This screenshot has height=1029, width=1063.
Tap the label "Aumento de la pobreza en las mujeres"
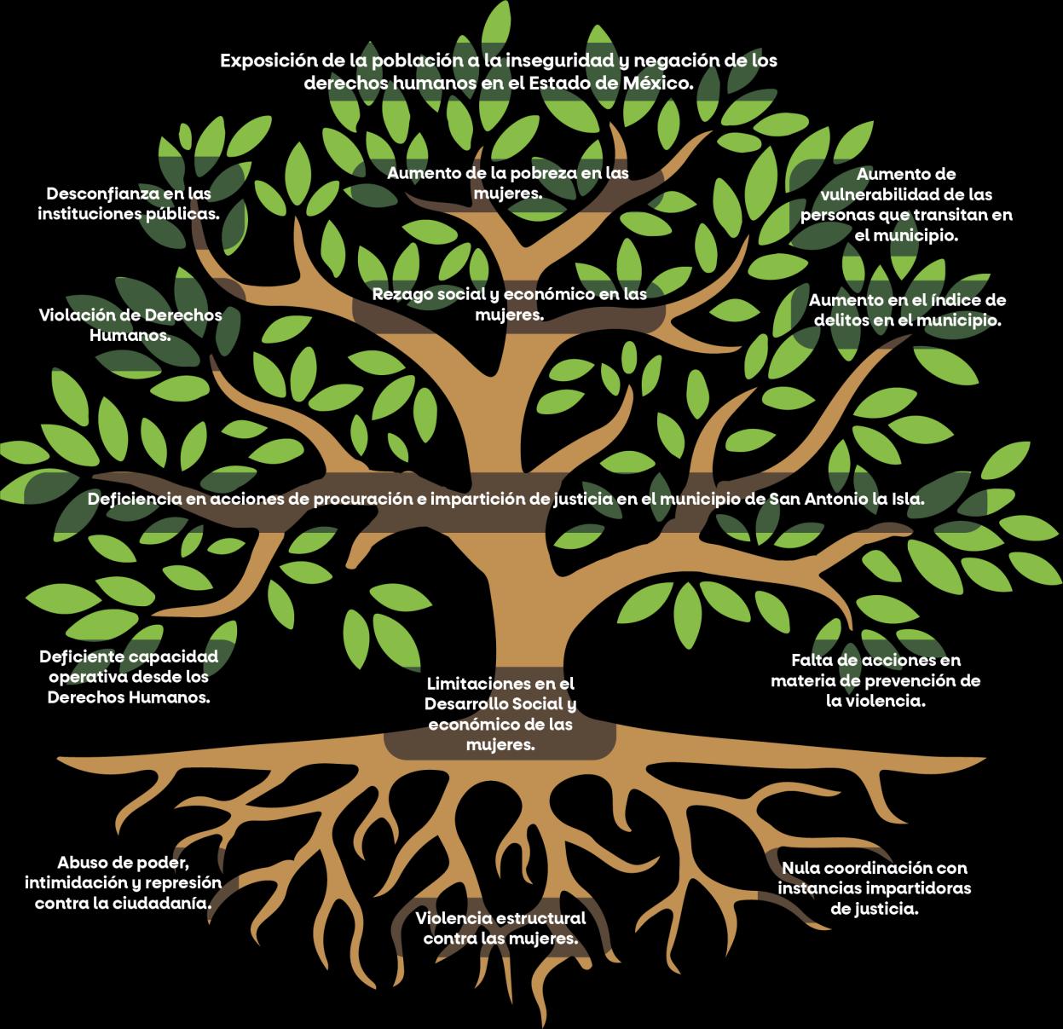pos(508,182)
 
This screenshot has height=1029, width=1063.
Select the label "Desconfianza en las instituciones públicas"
pos(129,203)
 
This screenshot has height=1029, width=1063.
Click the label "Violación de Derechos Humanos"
pos(130,325)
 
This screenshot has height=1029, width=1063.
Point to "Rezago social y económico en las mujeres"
pos(509,304)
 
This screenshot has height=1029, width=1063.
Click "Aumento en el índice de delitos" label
pos(907,310)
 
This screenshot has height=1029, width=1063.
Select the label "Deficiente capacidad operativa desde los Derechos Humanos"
pos(129,677)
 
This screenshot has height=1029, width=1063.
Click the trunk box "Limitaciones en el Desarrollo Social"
pos(500,714)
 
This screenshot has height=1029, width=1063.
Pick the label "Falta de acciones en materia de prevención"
pos(875,680)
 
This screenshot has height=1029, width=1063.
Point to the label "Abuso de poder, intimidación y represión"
pos(123,882)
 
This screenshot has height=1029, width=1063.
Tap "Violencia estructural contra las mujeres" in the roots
pos(500,928)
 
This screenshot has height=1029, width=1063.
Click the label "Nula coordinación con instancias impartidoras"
pos(875,888)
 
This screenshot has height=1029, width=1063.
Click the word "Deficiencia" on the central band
pos(135,499)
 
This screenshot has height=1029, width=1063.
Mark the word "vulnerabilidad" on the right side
pos(906,194)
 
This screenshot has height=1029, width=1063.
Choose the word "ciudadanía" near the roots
pos(167,904)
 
